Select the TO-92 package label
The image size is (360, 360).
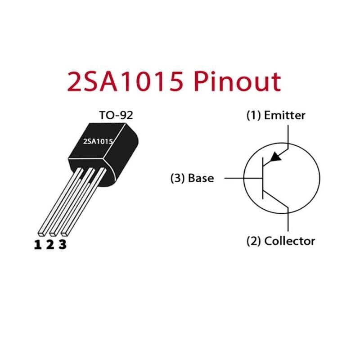click(116, 115)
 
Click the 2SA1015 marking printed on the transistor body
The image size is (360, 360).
click(98, 141)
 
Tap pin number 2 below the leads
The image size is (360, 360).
click(50, 245)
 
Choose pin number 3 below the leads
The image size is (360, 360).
click(63, 245)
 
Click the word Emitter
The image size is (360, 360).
click(284, 115)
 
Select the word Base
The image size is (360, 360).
click(201, 178)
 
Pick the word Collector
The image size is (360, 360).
click(290, 241)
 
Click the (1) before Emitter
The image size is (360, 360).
click(253, 115)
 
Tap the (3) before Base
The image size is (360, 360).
click(177, 178)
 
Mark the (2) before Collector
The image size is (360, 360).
click(253, 241)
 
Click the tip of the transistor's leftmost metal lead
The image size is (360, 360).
click(41, 233)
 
